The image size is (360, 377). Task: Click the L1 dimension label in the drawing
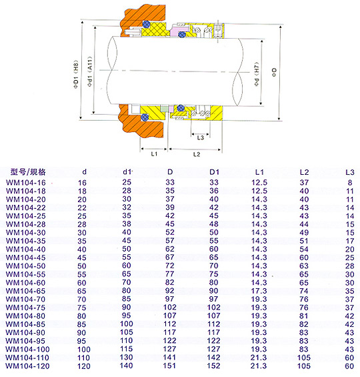154,154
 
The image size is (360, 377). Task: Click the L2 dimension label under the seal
197,154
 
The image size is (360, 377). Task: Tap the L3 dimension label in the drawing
200,137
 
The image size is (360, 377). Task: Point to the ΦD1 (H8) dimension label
76,75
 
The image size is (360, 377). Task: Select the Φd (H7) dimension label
257,74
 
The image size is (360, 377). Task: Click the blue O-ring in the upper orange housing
146,24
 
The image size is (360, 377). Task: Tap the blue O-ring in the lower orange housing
145,117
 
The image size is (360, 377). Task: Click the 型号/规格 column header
28,172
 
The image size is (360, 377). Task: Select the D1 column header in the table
214,172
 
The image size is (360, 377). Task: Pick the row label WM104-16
26,183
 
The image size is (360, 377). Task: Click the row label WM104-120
27,366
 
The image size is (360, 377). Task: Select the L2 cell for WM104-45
304,258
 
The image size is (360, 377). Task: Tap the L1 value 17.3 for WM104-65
259,291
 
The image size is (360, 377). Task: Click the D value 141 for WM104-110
169,358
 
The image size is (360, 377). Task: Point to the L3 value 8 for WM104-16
350,183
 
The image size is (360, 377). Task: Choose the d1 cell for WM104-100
126,349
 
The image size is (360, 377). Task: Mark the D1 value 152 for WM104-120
213,366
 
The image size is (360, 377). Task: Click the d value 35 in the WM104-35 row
81,241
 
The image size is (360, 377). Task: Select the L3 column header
350,172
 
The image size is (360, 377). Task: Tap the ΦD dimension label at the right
274,72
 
